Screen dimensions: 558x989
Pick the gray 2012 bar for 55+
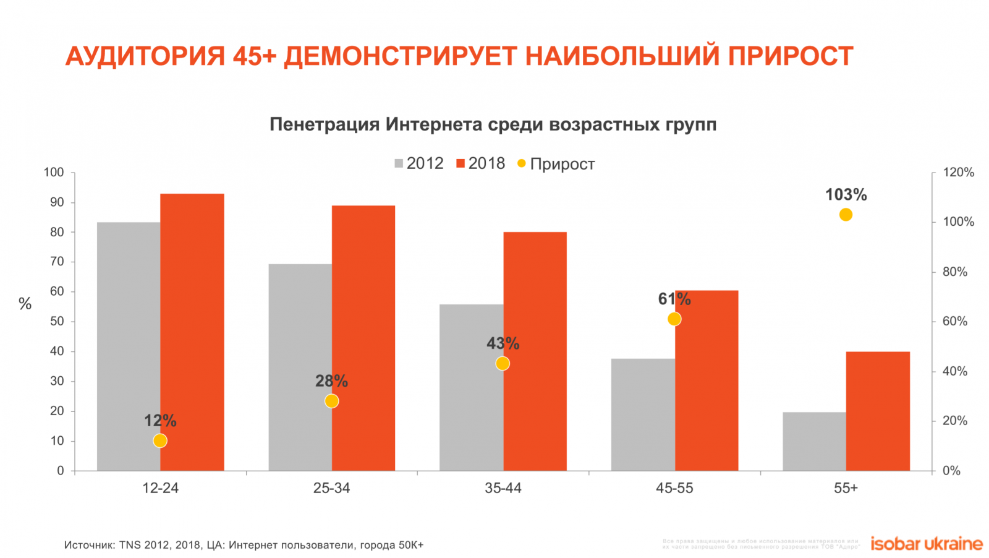pyautogui.click(x=814, y=442)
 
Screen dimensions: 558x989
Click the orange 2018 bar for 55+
pyautogui.click(x=878, y=411)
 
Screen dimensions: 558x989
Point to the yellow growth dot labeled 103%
pyautogui.click(x=846, y=215)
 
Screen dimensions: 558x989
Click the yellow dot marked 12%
pyautogui.click(x=160, y=440)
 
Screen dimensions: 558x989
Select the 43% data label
pyautogui.click(x=503, y=343)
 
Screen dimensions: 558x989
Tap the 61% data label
pyautogui.click(x=674, y=299)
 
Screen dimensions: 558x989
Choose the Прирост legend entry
pyautogui.click(x=556, y=164)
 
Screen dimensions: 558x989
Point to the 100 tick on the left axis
pyautogui.click(x=54, y=173)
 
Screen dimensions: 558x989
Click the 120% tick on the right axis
pyautogui.click(x=958, y=173)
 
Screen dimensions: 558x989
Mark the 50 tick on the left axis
pyautogui.click(x=57, y=321)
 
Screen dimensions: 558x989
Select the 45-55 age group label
pyautogui.click(x=674, y=488)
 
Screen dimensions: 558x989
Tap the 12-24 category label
pyautogui.click(x=160, y=488)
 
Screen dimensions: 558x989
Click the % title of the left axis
pyautogui.click(x=25, y=304)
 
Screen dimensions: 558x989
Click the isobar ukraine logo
pyautogui.click(x=926, y=544)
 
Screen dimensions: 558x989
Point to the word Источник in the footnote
pyautogui.click(x=89, y=545)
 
